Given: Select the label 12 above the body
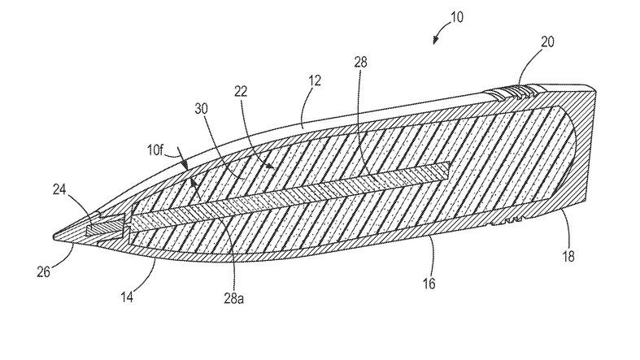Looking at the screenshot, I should point(315,81).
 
